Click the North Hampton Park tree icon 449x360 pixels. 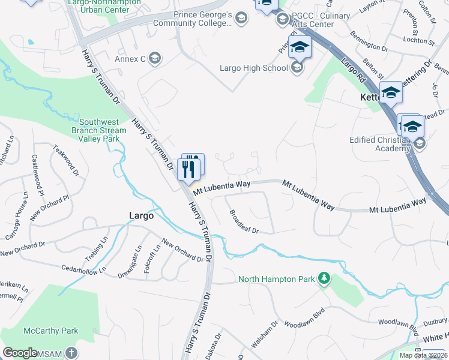tap(324, 278)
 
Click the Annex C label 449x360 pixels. tap(130, 59)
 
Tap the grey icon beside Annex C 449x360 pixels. tap(154, 58)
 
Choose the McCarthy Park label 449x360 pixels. tap(51, 331)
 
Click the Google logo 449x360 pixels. tap(20, 353)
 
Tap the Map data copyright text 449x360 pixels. tap(423, 355)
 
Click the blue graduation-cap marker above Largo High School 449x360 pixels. tap(299, 47)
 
